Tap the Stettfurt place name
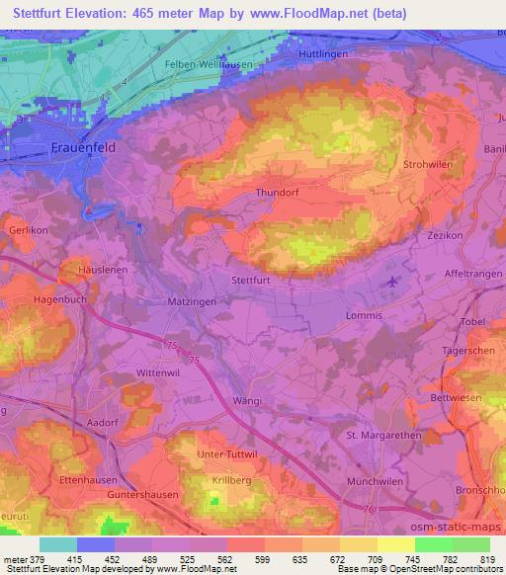coord(250,281)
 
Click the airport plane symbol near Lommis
coord(394,285)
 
